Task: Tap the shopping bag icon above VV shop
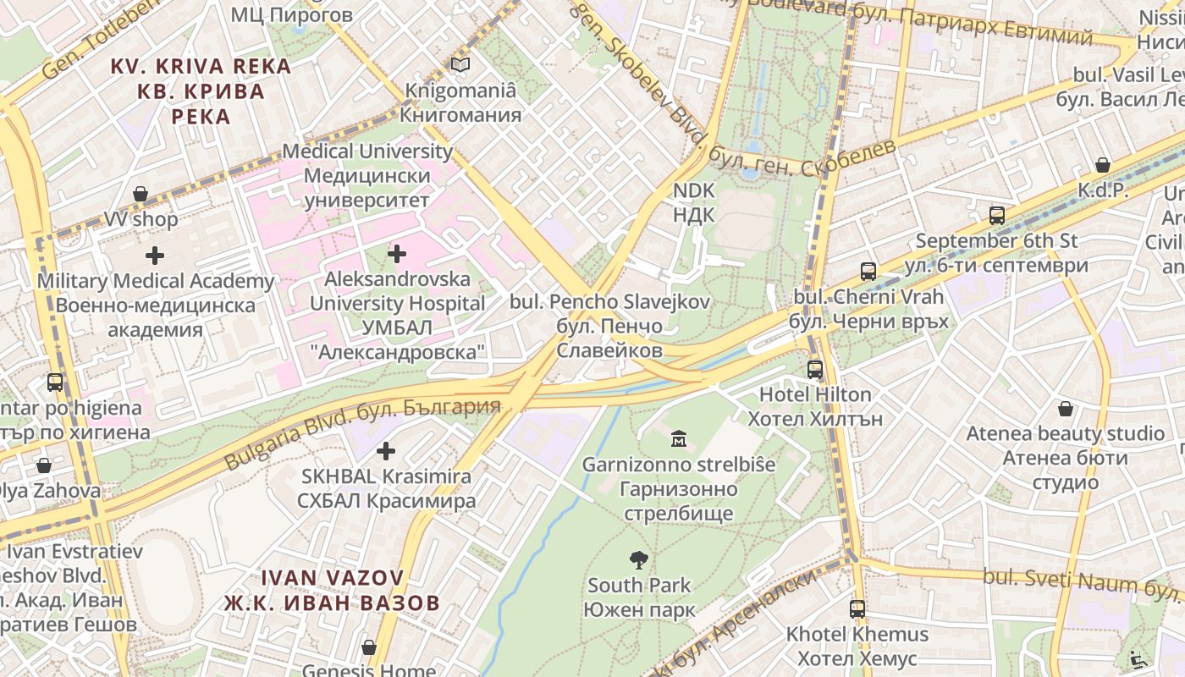click(141, 195)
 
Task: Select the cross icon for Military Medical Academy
click(155, 255)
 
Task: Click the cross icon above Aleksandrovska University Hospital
click(397, 253)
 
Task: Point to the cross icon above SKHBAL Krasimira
click(385, 451)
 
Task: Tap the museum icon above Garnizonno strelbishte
click(679, 438)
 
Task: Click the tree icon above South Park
click(639, 559)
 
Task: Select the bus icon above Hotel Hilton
click(815, 370)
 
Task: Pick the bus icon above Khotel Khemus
click(857, 608)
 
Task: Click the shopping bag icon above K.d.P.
click(1103, 165)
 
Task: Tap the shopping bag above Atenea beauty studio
click(1066, 409)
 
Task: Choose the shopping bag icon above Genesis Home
click(368, 647)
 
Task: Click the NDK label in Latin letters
click(694, 190)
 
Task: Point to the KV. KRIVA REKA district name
click(201, 66)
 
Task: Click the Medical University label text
click(367, 151)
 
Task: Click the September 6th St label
click(996, 240)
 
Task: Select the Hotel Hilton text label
click(814, 394)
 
